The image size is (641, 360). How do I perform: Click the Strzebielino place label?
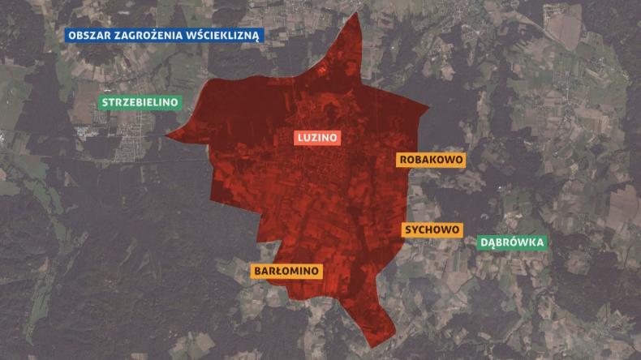point(140,103)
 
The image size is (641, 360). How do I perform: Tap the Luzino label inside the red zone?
point(317,138)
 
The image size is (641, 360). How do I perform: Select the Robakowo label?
point(431,160)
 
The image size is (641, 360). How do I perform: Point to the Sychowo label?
point(432,229)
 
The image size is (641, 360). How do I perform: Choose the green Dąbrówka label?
point(513,242)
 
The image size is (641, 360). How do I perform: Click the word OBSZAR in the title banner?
point(90,36)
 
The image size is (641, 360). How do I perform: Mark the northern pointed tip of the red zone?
point(358,15)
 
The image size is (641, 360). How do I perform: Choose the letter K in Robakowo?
point(431,160)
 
